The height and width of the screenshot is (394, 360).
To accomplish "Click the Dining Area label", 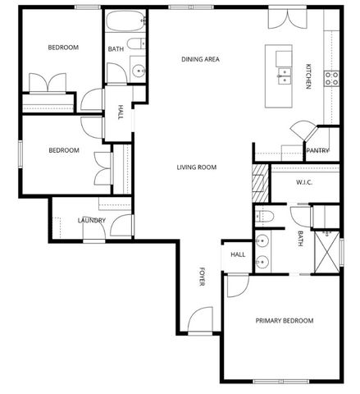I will point(200,59).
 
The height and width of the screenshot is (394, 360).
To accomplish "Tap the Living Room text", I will point(196,167).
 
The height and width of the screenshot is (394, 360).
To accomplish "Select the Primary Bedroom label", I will point(285,320).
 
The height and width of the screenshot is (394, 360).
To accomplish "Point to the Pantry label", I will point(317,151).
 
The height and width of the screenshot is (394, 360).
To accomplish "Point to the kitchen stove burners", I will point(333,78).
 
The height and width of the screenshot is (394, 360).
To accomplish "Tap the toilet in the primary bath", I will point(264,216).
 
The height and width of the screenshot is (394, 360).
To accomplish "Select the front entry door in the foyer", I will point(199,322).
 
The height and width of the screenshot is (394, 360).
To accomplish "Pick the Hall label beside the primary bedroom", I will point(238,254).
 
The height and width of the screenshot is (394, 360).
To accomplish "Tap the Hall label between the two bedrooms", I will point(121,111).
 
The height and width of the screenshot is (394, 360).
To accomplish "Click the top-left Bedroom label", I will point(63,48).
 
